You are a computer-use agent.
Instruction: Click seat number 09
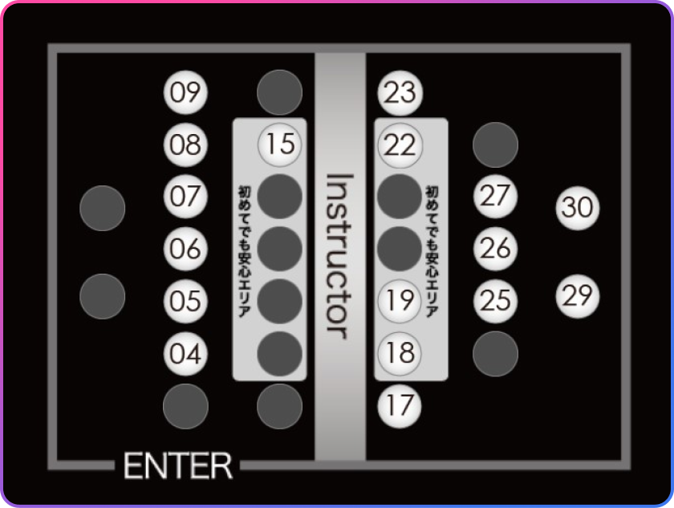185,92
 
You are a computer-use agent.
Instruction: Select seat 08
185,144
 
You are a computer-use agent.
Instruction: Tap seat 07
185,197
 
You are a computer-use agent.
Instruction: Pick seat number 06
185,250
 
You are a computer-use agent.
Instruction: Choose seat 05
185,301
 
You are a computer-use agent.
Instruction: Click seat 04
185,354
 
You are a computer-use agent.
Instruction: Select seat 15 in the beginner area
280,144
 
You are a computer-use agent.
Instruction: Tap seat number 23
400,93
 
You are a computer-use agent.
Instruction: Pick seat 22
400,145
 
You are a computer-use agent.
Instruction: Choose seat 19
400,301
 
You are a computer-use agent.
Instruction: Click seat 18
400,354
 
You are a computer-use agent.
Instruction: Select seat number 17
400,406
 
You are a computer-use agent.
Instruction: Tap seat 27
495,197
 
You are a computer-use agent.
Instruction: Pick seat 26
495,250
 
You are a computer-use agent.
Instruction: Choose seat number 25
495,301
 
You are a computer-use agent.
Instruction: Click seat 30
577,208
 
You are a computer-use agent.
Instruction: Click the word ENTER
178,466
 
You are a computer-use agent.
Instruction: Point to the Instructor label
339,257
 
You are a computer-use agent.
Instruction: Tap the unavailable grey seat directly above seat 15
279,92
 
